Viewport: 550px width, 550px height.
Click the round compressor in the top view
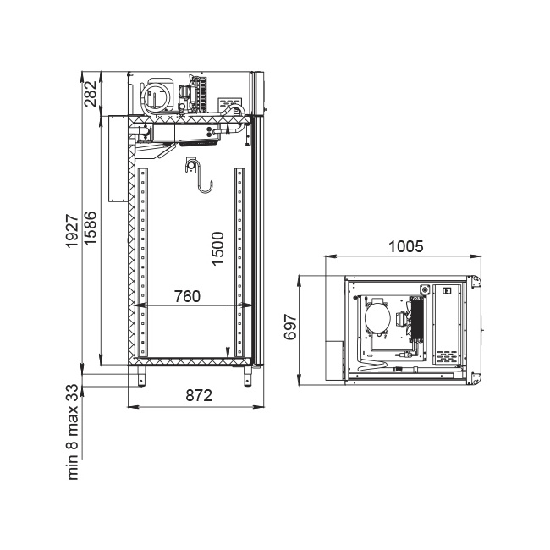[377, 316]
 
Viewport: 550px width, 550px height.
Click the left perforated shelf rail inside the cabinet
[143, 262]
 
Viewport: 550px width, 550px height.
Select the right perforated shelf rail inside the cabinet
[239, 262]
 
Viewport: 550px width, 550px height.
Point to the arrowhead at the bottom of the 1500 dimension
[228, 356]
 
